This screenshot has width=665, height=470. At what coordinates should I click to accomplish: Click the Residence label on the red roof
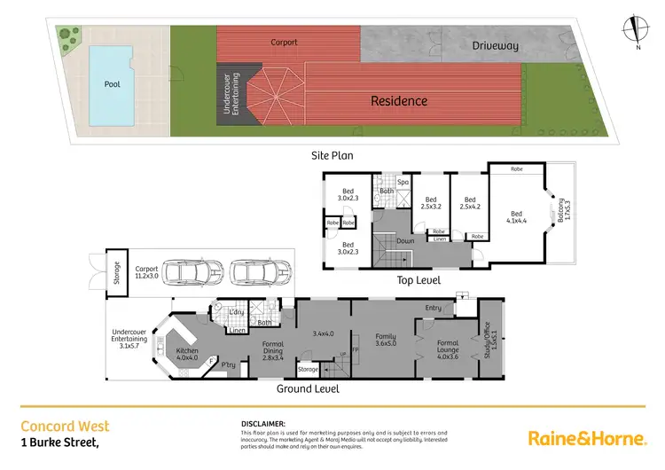[x=399, y=101]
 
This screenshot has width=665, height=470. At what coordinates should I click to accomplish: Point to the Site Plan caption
[x=332, y=155]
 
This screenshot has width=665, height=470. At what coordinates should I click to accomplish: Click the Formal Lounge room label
[x=448, y=347]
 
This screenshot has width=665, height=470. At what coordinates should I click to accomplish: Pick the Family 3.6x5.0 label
[x=385, y=341]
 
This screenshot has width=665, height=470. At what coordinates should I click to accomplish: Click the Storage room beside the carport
[x=116, y=274]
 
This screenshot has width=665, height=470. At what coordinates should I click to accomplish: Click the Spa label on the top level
[x=402, y=182]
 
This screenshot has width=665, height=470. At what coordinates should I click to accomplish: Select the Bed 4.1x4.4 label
[x=517, y=216]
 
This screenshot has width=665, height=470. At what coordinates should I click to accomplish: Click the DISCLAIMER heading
[x=262, y=424]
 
